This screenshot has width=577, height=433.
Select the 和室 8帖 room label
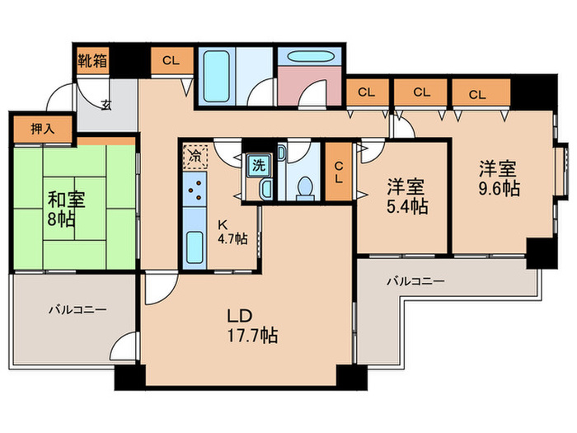(x=63, y=209)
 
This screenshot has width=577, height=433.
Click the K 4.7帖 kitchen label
(x=232, y=232)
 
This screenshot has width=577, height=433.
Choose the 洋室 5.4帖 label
(x=407, y=195)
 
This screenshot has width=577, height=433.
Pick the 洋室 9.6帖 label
(x=500, y=178)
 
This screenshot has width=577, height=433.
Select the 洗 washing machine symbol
(x=259, y=163)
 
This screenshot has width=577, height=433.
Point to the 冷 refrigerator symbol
(x=195, y=154)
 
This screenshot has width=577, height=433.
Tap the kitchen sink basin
(x=196, y=247)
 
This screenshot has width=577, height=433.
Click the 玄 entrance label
(x=107, y=104)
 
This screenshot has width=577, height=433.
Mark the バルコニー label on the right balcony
(x=416, y=282)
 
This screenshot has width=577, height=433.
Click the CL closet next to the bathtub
(x=171, y=60)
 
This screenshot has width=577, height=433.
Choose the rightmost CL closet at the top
(x=477, y=93)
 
